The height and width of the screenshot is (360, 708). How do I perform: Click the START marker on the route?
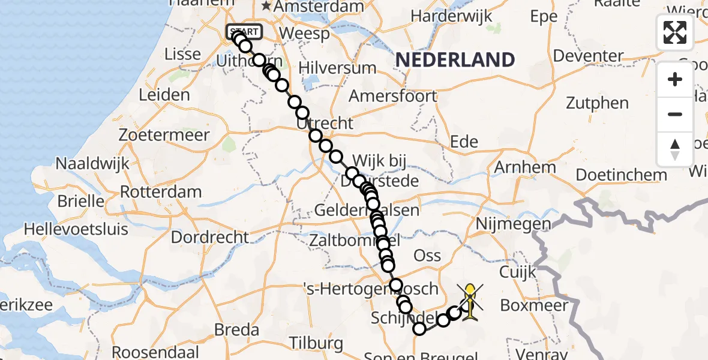[x=244, y=32]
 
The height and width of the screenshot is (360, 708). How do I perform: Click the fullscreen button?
[x=675, y=32]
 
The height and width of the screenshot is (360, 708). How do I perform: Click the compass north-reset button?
[x=675, y=149]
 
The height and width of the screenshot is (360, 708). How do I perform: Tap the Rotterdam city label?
[x=161, y=192]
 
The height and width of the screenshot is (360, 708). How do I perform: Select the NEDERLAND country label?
[x=455, y=60]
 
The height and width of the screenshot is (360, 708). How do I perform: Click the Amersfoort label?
[x=393, y=96]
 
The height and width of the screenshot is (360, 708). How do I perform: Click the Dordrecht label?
[x=209, y=237]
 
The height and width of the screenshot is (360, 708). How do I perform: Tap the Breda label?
[x=237, y=329]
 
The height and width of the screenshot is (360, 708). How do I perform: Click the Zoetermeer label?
[x=164, y=134]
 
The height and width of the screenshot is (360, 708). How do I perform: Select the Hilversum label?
[x=337, y=68]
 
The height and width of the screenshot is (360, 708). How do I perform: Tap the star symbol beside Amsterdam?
[x=266, y=7]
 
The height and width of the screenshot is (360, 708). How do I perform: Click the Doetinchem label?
[x=621, y=175]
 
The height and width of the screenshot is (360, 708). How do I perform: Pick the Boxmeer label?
[x=534, y=305]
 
